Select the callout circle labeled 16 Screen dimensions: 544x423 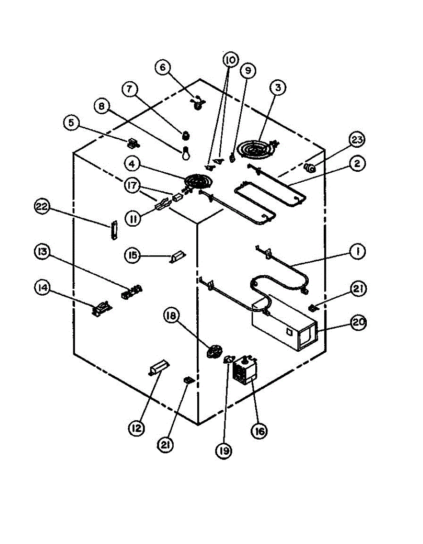pos(258,430)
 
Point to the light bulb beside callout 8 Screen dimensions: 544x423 pos(185,153)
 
